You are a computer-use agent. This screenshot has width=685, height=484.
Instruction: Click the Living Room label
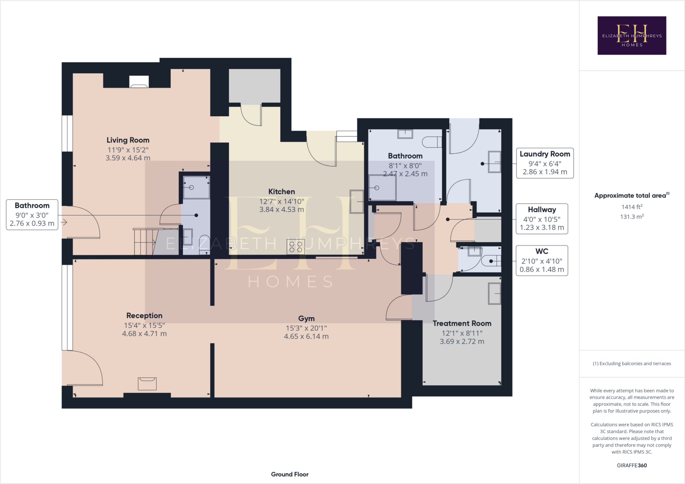tap(128, 140)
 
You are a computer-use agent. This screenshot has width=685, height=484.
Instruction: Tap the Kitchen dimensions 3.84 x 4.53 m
tap(282, 210)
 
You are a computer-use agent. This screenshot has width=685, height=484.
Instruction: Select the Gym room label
tap(306, 319)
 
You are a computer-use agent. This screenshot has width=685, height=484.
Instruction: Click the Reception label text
tap(144, 316)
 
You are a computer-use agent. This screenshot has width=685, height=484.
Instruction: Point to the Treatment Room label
tap(462, 323)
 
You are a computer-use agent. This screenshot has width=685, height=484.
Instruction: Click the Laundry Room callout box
tap(545, 163)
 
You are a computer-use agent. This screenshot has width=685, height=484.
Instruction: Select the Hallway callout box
tap(542, 218)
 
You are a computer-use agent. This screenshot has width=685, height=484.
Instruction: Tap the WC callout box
tap(542, 261)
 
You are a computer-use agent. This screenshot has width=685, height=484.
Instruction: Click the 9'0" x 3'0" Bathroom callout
tap(32, 215)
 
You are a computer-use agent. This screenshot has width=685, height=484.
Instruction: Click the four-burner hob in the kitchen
tap(296, 247)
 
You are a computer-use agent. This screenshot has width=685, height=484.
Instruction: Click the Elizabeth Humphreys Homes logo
tap(631, 35)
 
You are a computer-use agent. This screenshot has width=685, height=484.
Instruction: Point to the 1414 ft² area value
tap(631, 207)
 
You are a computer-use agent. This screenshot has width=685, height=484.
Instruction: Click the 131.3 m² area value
tap(631, 217)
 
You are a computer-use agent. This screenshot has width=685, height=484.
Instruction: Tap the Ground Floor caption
tap(290, 474)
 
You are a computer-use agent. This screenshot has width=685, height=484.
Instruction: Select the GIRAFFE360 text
tap(631, 465)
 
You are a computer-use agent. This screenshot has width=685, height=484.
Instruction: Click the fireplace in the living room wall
tap(139, 82)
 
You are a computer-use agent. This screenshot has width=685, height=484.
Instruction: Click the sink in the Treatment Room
tap(494, 294)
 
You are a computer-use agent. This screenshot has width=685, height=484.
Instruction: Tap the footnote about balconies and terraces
tap(631, 363)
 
